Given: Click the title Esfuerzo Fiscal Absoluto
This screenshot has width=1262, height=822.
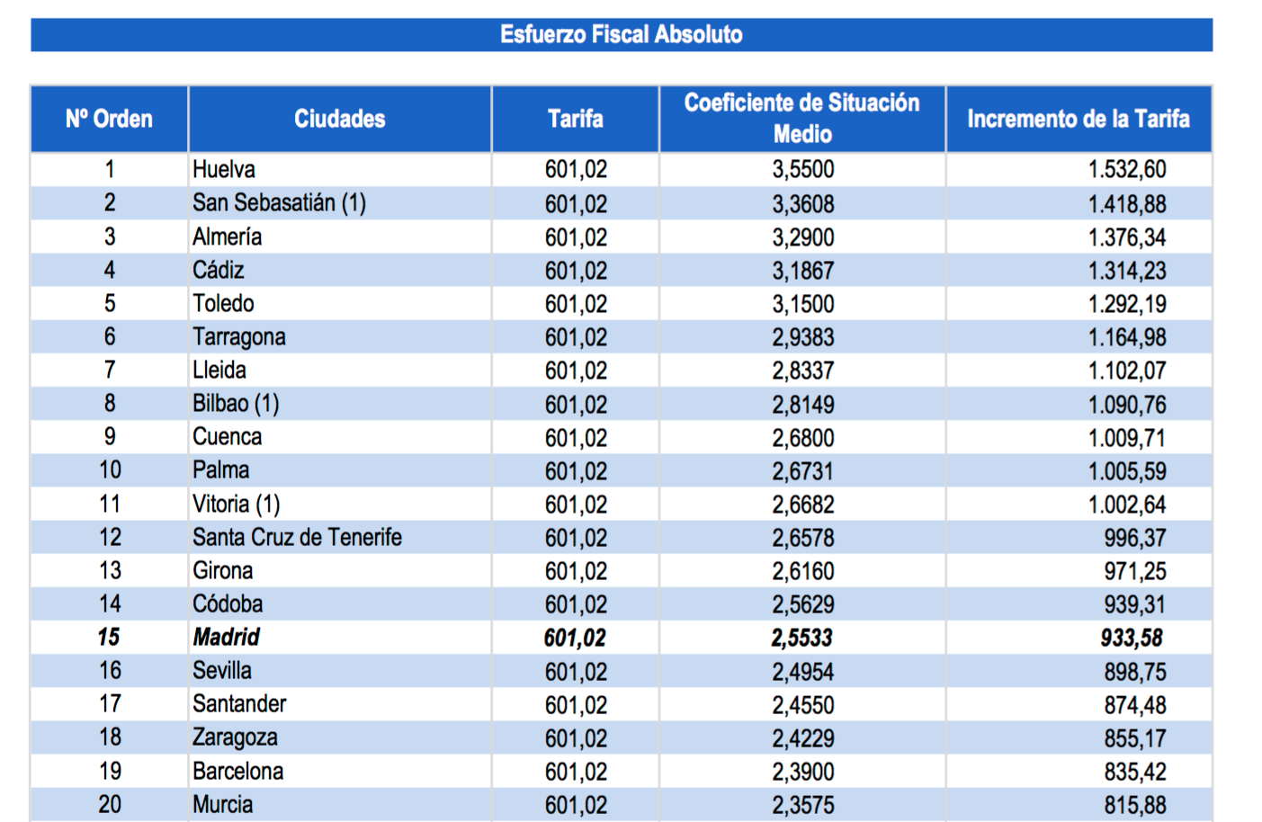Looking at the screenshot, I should coord(621,35).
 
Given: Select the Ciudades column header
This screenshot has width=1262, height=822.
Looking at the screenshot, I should coord(339,119).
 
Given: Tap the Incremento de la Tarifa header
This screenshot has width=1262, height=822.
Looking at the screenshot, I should coord(1078,119).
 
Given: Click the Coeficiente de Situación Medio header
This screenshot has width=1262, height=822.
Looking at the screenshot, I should coord(801,118).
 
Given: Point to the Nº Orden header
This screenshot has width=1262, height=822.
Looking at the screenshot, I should coord(109,119).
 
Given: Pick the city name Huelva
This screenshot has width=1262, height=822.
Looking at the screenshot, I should coord(224,169).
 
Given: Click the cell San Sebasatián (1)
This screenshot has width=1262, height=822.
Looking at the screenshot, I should coord(279,203).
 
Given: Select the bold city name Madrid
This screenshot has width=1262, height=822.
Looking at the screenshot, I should coord(226,638).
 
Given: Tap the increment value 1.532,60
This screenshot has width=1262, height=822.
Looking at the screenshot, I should coord(1126,169).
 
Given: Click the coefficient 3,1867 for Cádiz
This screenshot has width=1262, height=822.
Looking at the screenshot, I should coord(802,271).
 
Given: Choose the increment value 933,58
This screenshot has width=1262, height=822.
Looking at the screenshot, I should coord(1132,639).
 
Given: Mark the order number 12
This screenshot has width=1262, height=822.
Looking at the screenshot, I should coord(110,538).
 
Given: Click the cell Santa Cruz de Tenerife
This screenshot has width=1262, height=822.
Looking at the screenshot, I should coord(297,538).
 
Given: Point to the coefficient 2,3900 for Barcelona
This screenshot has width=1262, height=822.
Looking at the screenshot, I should coord(802,772).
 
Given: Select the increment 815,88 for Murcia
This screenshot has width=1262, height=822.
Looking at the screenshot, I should coord(1134,805).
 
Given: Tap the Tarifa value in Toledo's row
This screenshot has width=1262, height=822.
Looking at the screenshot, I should coord(576,304).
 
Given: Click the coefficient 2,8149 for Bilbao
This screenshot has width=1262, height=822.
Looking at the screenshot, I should coord(802,405).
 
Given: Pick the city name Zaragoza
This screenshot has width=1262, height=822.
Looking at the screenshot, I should coord(235,737).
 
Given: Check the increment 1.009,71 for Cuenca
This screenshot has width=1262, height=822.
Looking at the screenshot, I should coord(1126,438).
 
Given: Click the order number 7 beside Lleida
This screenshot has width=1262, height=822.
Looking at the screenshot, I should coord(110,371).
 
